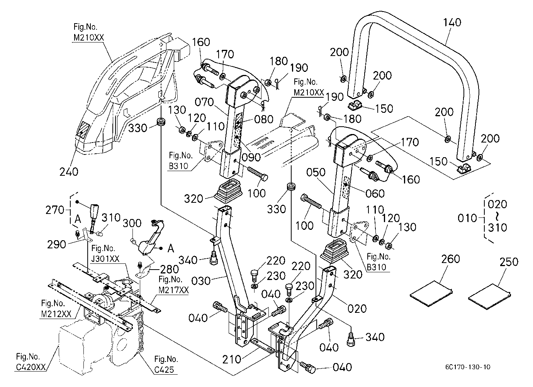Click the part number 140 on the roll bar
[452, 23]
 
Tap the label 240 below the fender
[69, 172]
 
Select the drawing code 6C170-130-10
[468, 367]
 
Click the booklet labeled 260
[431, 294]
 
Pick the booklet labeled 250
[489, 297]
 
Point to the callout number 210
[231, 360]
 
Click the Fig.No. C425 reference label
[166, 364]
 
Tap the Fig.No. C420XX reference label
[31, 362]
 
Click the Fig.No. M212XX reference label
[56, 309]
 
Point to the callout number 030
[201, 281]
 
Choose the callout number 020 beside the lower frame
[357, 309]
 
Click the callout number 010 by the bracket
[467, 218]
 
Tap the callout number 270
[55, 210]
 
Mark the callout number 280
[170, 270]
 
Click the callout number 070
[204, 102]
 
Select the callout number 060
[375, 193]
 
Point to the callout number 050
[316, 172]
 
